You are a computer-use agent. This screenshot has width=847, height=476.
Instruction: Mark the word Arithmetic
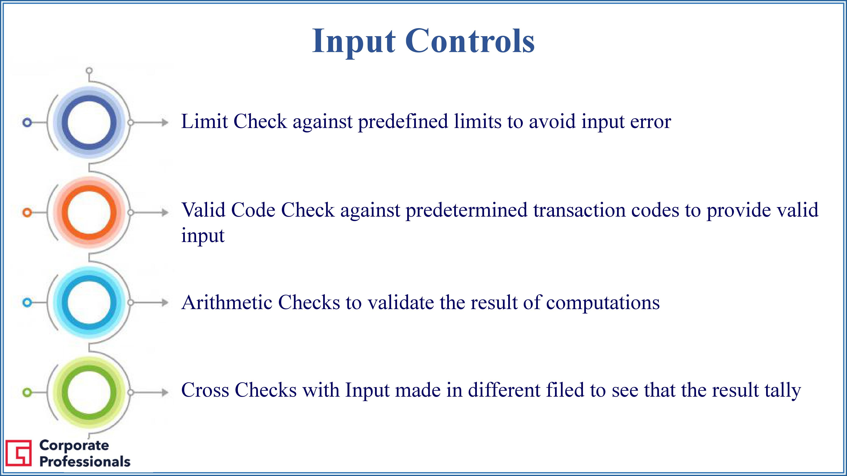coord(227,302)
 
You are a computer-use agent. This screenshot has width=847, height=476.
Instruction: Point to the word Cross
coord(205,390)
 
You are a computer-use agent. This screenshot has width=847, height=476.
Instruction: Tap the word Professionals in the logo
coord(85,461)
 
